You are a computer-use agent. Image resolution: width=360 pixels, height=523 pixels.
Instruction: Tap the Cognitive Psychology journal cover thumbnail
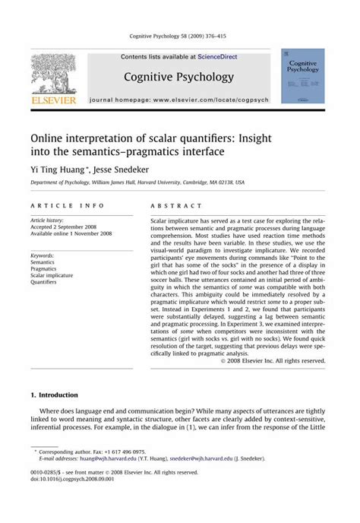pos(302,76)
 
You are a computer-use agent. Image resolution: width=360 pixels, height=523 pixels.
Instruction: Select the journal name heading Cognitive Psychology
pos(179,78)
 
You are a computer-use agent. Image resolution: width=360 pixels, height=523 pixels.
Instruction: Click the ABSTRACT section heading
pos(176,206)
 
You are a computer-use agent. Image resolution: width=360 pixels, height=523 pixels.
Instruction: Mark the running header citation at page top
pos(179,36)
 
